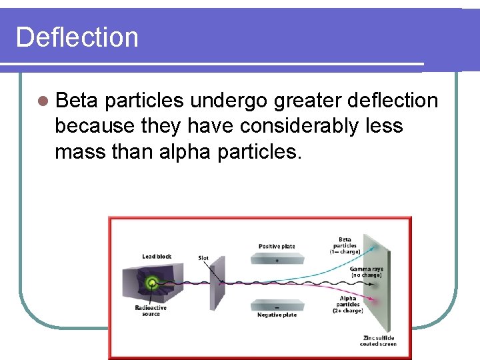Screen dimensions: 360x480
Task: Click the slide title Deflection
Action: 77,37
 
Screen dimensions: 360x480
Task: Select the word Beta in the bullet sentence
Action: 77,101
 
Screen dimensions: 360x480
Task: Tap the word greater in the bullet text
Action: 293,101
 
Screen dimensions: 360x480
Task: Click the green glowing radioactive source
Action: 153,283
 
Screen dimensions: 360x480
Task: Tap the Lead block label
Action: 157,257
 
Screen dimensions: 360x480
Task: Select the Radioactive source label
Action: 151,311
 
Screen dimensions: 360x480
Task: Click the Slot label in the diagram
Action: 203,257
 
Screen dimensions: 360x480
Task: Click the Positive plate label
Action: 277,247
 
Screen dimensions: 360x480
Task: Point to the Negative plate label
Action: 277,315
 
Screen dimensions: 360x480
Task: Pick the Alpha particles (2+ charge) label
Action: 347,304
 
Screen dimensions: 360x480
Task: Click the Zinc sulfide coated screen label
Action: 379,341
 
